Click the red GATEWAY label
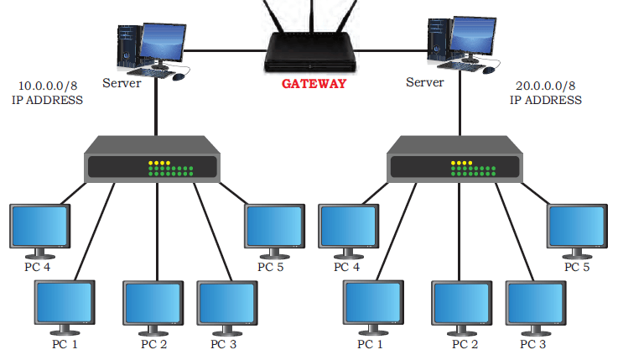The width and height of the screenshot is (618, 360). coord(314,84)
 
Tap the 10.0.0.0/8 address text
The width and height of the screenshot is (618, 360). coord(48,86)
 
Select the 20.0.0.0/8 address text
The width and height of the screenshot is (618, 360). coord(546,86)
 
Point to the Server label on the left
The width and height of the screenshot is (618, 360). coord(122,83)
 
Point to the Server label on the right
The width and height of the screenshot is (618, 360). coord(425,82)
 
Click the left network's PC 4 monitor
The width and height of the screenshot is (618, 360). coord(39,231)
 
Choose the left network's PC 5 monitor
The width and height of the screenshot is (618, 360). coord(275,231)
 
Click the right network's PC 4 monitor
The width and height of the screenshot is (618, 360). coord(349,231)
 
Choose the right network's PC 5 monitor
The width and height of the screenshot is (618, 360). coord(577,231)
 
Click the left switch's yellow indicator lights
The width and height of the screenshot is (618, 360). coord(159,163)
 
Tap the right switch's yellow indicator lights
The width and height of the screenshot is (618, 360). coord(461,163)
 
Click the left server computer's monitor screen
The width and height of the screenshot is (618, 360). coord(163,42)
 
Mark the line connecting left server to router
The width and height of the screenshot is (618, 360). coord(225,50)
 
